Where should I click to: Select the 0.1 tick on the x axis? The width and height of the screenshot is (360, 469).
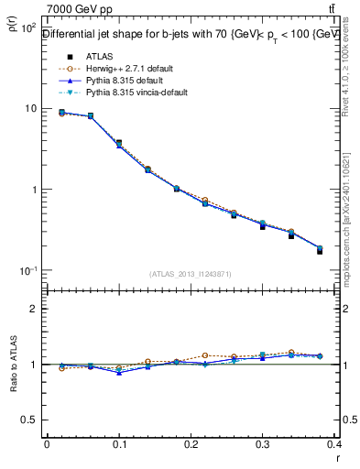click(x=118, y=444)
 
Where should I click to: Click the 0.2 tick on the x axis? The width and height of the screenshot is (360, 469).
click(x=191, y=444)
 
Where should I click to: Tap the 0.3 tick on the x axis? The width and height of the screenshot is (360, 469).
click(x=263, y=444)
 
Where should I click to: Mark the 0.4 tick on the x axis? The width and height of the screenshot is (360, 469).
click(x=335, y=444)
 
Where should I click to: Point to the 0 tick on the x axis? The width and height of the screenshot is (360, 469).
click(x=46, y=444)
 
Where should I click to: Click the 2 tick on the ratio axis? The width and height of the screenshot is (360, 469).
click(x=32, y=309)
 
